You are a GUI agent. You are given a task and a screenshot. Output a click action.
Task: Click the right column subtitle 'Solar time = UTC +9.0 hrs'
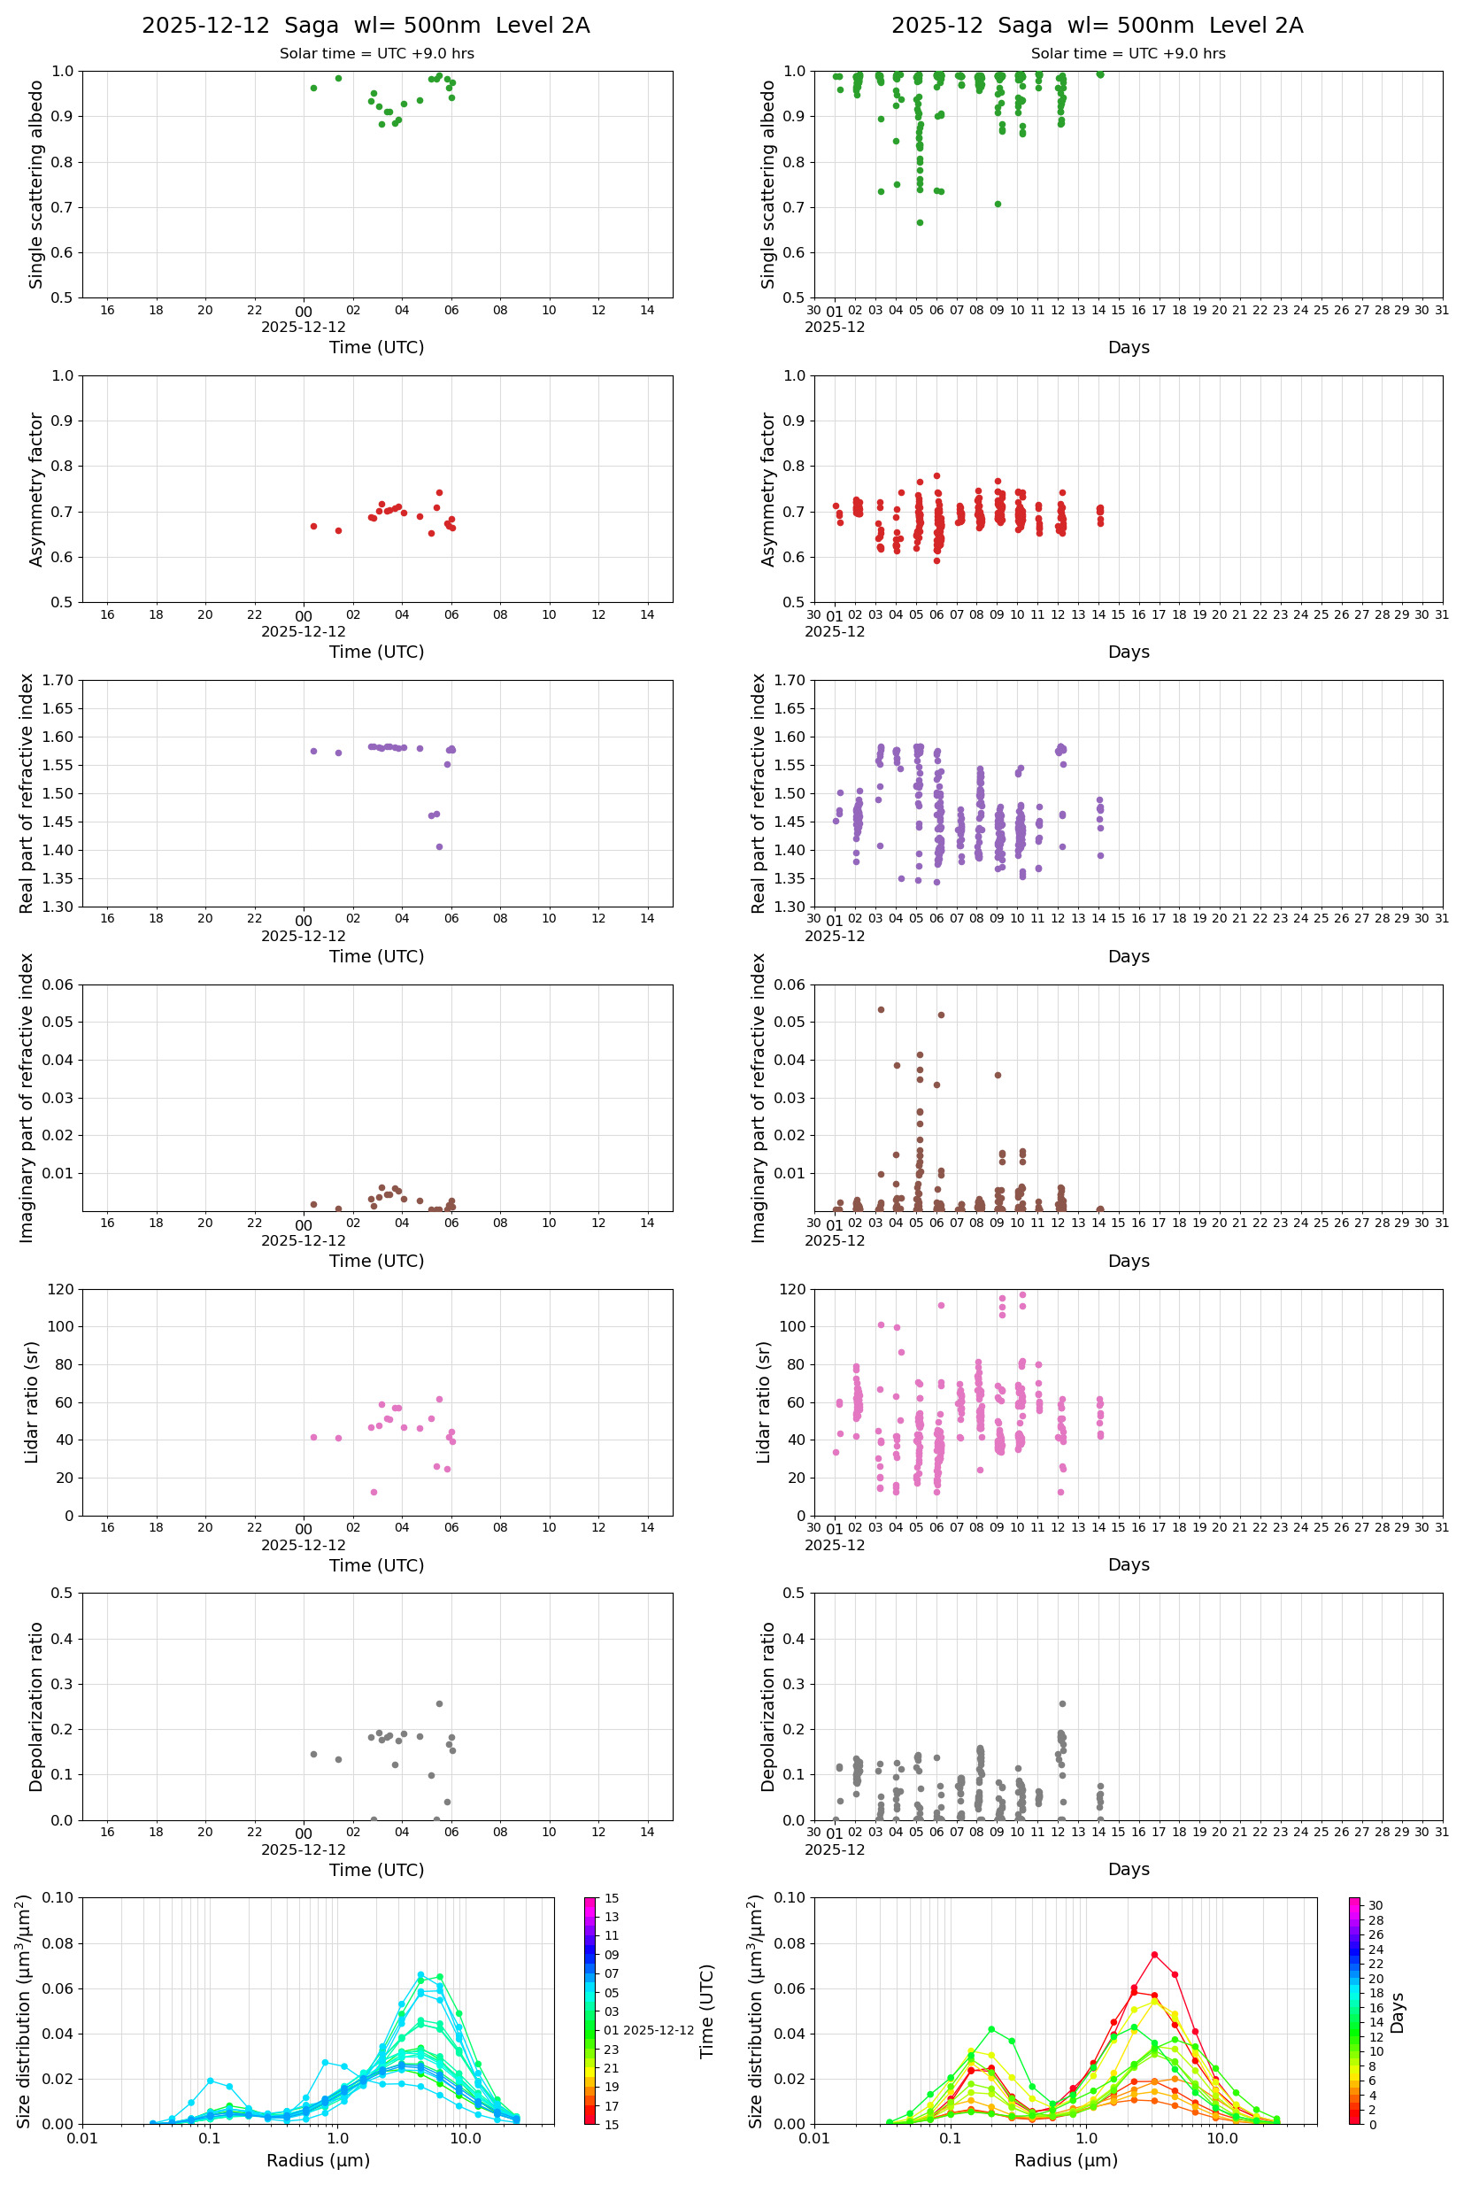[1128, 54]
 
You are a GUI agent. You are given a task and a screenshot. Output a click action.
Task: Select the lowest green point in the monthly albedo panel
[920, 222]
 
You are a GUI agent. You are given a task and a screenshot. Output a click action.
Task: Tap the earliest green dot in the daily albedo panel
[313, 88]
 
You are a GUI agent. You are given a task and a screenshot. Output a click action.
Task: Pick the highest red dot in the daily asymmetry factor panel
[439, 492]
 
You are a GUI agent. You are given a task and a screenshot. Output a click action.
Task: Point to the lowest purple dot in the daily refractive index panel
[439, 847]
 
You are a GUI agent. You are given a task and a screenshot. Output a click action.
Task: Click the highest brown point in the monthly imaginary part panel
[881, 1009]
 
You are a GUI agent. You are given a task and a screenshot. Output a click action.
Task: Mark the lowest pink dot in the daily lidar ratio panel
[374, 1492]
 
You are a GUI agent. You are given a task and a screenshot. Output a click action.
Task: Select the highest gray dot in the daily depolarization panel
[439, 1703]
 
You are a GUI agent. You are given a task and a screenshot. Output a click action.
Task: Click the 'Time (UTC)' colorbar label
[707, 2011]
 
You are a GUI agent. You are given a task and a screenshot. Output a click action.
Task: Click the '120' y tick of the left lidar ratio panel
[62, 1290]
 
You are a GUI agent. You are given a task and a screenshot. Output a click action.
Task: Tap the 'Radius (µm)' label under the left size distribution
[319, 2160]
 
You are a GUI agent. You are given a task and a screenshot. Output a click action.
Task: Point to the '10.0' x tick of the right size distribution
[1221, 2138]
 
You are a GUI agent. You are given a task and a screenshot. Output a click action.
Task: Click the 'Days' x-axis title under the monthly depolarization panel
[1128, 1868]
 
